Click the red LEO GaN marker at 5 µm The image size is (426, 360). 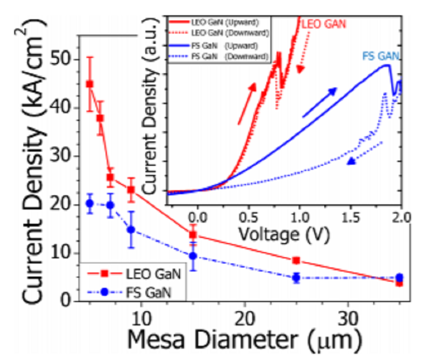[x=89, y=84]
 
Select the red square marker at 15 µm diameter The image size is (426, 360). [x=193, y=235]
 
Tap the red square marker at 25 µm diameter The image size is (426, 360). [x=296, y=261]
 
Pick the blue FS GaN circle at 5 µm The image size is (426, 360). [x=89, y=203]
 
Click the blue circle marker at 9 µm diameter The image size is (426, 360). [x=131, y=229]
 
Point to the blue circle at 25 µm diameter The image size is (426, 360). [x=296, y=278]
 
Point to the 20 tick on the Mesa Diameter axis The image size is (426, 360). [x=245, y=316]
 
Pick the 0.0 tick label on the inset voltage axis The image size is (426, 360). [x=197, y=217]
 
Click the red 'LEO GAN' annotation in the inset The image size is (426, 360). [x=323, y=24]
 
